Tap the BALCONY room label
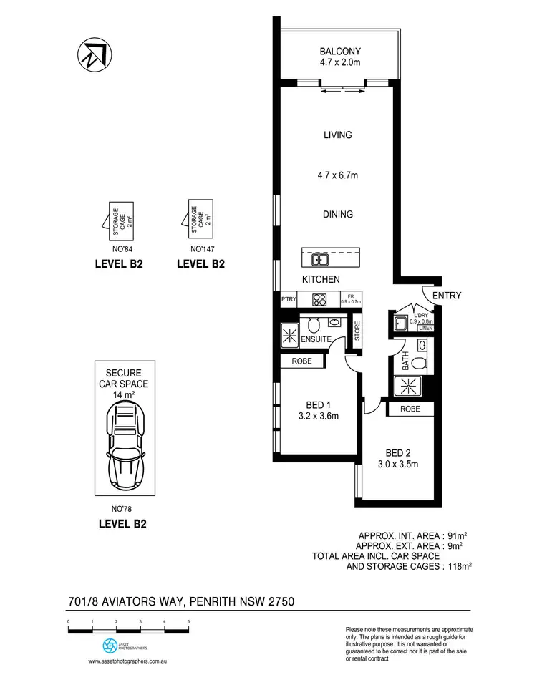click(x=339, y=52)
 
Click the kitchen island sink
click(x=319, y=258)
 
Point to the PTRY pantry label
click(x=289, y=300)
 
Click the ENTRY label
click(x=447, y=296)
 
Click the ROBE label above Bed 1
click(x=301, y=362)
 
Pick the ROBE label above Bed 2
click(x=411, y=409)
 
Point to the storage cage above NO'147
click(x=200, y=218)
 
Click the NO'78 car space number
click(x=122, y=509)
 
